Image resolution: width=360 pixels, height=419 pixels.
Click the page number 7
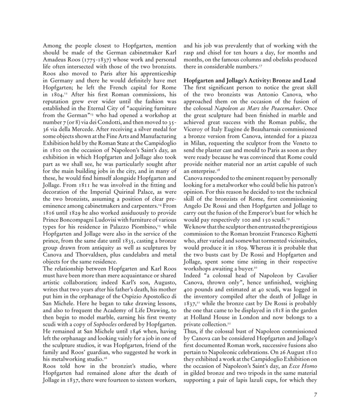315,394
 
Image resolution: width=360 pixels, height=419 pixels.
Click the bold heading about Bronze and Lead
250,81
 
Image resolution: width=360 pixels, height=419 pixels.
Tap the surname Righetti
305,234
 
